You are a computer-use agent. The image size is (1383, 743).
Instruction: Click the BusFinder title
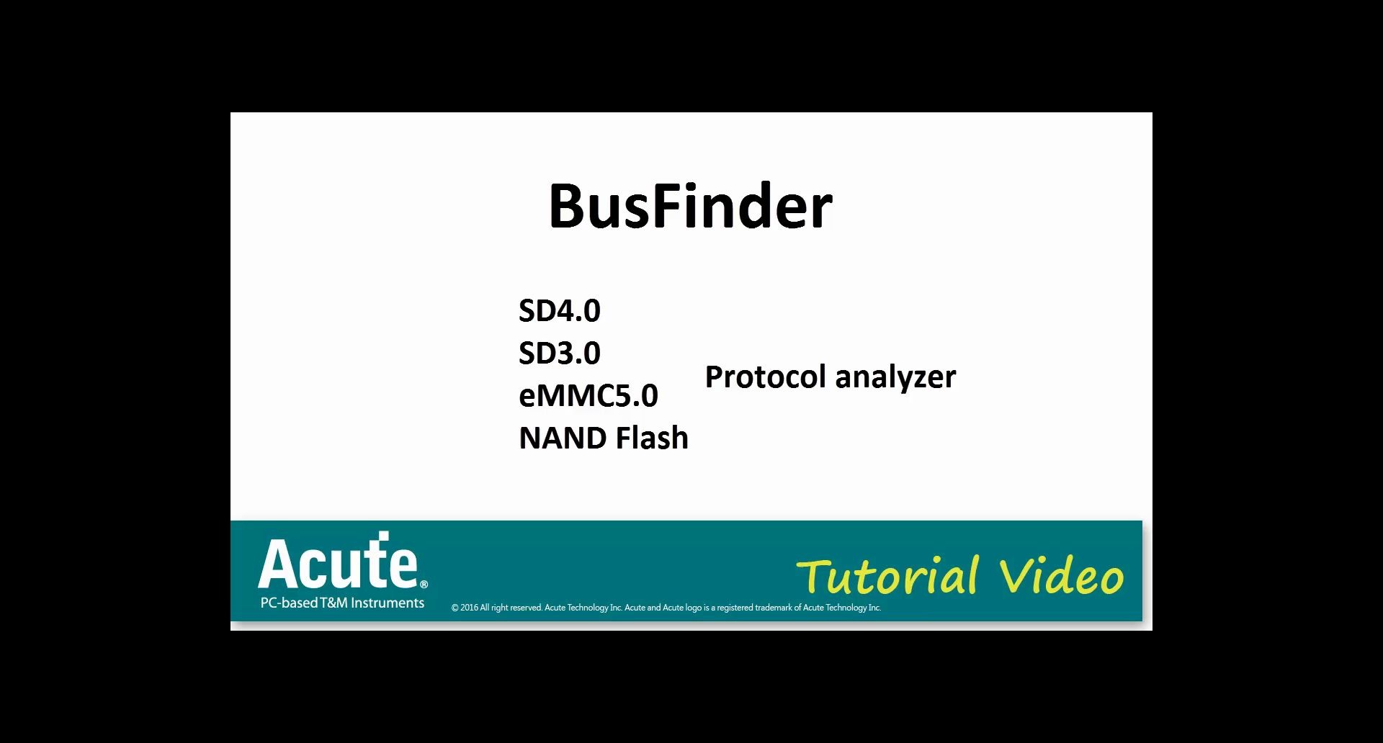click(x=690, y=207)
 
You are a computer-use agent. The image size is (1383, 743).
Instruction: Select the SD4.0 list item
click(x=559, y=310)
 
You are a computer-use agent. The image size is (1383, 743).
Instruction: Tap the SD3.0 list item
click(x=559, y=353)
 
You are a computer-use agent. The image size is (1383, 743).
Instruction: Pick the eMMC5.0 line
click(x=588, y=395)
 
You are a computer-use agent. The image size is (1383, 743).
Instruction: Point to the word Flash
click(x=652, y=438)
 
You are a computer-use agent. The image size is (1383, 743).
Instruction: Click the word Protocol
click(x=765, y=377)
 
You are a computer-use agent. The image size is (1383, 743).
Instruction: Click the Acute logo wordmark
click(x=337, y=564)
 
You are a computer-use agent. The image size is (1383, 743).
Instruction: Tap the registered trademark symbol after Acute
click(x=424, y=584)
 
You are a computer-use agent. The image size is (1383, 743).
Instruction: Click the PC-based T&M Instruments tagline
click(x=342, y=603)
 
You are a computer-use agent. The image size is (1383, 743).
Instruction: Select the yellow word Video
click(x=1061, y=577)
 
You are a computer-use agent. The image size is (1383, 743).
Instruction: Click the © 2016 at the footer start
click(x=465, y=608)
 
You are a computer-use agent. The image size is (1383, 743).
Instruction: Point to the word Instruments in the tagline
click(x=388, y=603)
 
